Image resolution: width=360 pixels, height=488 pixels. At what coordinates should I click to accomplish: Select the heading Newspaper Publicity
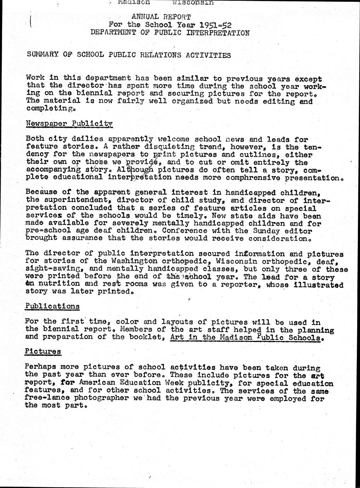[69, 123]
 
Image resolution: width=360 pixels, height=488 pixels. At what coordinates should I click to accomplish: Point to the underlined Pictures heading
[43, 352]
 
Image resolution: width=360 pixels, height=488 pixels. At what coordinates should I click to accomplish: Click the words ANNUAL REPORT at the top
[161, 17]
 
